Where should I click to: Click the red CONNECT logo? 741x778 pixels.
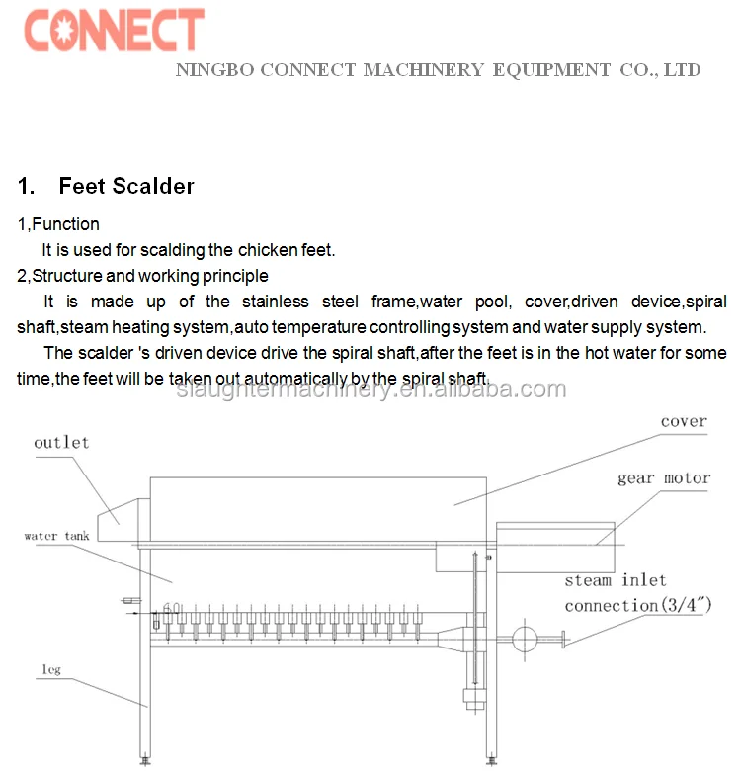tap(114, 30)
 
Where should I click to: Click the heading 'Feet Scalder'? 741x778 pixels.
tap(126, 186)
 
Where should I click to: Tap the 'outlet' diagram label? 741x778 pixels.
tap(61, 442)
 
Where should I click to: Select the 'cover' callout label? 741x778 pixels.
tap(684, 421)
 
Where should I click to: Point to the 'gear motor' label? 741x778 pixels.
tap(664, 478)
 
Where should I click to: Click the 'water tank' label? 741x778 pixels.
tap(56, 536)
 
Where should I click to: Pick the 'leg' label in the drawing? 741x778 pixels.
tap(51, 670)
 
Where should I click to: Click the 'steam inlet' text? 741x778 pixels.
tap(615, 580)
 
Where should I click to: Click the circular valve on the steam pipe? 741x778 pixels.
tap(525, 639)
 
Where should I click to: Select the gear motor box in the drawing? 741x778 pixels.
tap(555, 547)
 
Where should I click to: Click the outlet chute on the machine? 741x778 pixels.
tap(118, 520)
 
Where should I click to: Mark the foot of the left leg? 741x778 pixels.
tap(145, 759)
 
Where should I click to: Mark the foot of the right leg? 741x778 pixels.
tap(491, 759)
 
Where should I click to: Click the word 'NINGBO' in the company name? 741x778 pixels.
tap(214, 70)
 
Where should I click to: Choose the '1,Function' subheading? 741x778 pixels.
tap(58, 224)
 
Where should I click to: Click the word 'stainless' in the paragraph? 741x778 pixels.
tap(276, 302)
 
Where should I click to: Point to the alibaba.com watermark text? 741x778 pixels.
tap(371, 389)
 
